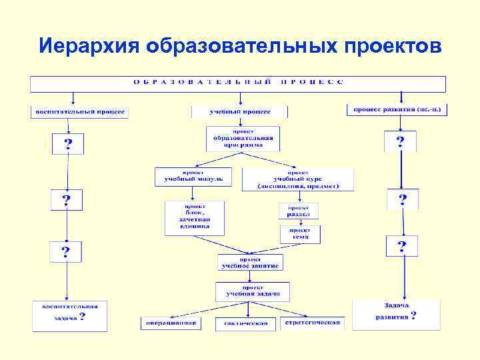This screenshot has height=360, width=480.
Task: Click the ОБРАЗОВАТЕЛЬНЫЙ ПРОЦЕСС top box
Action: pyautogui.click(x=238, y=83)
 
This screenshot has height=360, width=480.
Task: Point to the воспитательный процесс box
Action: pyautogui.click(x=79, y=112)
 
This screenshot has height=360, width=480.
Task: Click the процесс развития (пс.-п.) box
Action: pyautogui.click(x=397, y=109)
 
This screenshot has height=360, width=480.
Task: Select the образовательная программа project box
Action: pyautogui.click(x=243, y=138)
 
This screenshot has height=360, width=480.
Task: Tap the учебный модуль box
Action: pyautogui.click(x=193, y=176)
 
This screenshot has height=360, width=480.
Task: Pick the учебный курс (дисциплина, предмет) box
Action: pyautogui.click(x=298, y=179)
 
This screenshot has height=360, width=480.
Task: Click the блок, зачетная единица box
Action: pyautogui.click(x=193, y=218)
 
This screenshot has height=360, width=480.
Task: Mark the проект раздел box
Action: pyautogui.click(x=298, y=211)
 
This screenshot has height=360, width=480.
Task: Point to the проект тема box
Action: pyautogui.click(x=299, y=235)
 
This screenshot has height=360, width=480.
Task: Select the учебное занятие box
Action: pyautogui.click(x=251, y=262)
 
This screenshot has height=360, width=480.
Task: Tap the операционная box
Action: pyautogui.click(x=171, y=323)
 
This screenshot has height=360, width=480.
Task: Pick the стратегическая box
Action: pyautogui.click(x=313, y=323)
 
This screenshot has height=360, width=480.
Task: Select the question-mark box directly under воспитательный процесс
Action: pyautogui.click(x=68, y=143)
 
